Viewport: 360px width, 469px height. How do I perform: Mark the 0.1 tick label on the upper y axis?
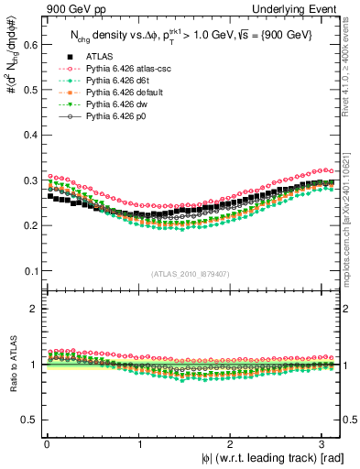point(29,271)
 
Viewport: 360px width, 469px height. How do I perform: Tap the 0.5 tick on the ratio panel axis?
point(29,420)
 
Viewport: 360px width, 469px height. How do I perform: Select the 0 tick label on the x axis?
point(47,443)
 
